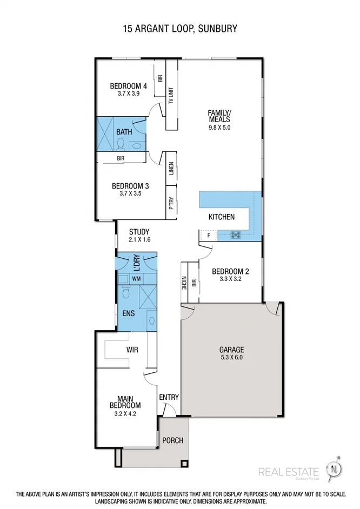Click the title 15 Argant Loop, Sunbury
coord(180,28)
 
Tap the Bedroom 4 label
coord(128,86)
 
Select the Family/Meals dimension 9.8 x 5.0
coord(219,128)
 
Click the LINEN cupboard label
coord(171,170)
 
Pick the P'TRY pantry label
coord(171,204)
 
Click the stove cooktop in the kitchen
coord(236,235)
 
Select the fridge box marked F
coord(208,236)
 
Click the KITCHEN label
coord(222,217)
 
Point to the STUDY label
coord(139,232)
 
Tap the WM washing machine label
coord(136,278)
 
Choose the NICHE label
coord(185,284)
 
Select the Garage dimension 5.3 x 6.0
coord(231,357)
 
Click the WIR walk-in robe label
coord(132,350)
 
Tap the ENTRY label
coord(169,397)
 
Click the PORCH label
coord(172,440)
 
